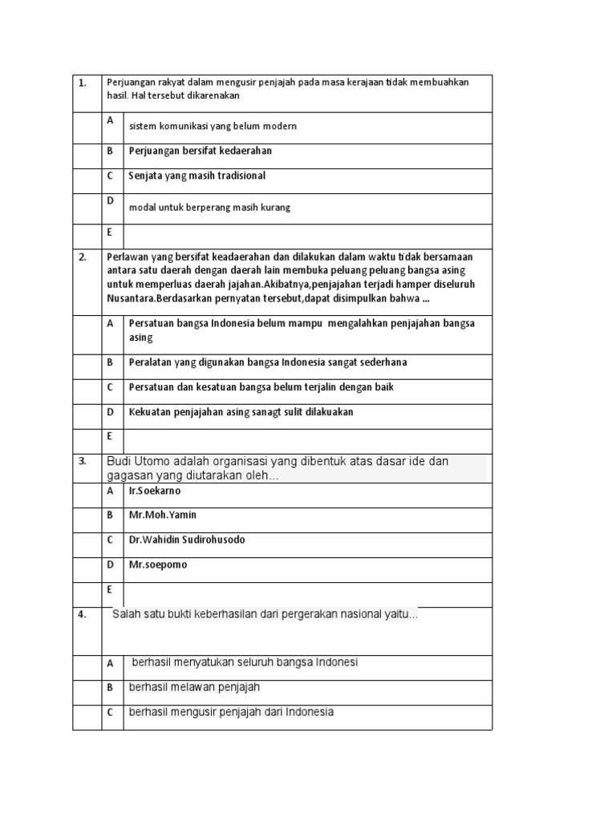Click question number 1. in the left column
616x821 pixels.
[x=82, y=83]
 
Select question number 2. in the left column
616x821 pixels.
[x=82, y=257]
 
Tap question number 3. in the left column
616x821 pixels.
[x=82, y=461]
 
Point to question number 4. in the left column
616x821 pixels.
[x=82, y=615]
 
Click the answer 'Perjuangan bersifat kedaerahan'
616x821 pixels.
[x=201, y=151]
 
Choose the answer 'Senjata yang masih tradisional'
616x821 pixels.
[x=197, y=176]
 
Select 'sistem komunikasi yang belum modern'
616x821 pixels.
[x=213, y=127]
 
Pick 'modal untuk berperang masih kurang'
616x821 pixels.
[x=210, y=207]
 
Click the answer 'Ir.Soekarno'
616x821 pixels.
[x=155, y=491]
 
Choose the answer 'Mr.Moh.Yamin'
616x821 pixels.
[x=163, y=515]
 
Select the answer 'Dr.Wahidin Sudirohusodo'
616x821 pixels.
[x=187, y=540]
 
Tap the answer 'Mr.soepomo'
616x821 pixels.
[x=158, y=564]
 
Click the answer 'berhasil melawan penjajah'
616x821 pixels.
[x=195, y=687]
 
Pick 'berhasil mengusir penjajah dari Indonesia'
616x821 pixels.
[x=232, y=712]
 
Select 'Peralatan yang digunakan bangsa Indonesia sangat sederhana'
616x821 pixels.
[x=268, y=362]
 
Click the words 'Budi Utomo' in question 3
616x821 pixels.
[x=132, y=462]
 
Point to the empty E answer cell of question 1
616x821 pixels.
[x=307, y=236]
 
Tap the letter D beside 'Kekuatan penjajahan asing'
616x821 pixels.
[x=111, y=412]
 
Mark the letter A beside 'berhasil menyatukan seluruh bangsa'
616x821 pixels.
[x=111, y=663]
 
